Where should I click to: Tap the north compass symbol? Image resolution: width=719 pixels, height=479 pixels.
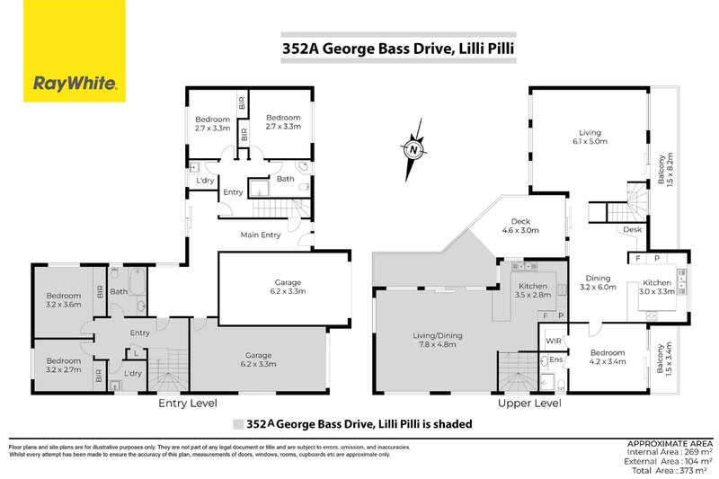413,149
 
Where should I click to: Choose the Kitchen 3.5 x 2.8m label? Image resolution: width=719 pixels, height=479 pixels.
530,289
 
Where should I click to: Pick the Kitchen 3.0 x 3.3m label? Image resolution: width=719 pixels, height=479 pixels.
657,287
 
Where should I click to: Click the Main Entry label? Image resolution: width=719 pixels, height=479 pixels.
261,235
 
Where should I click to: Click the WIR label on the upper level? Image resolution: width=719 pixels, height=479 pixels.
554,340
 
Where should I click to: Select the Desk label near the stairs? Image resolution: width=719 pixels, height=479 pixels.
632,229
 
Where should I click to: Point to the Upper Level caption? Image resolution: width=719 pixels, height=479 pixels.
530,404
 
